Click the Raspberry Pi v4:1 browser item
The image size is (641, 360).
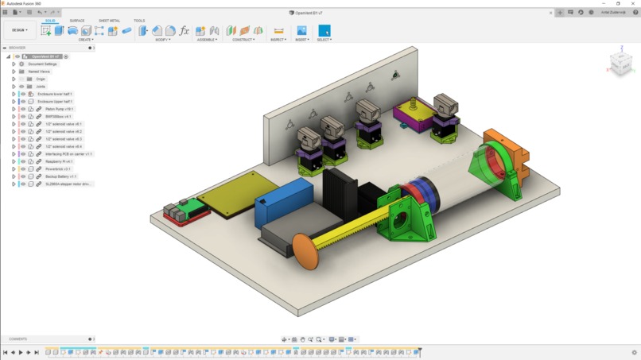pos(59,161)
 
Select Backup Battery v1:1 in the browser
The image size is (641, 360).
pos(61,176)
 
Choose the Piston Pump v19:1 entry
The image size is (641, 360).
pos(60,109)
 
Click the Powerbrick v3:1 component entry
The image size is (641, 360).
pos(58,168)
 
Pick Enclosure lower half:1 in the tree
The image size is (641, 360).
pos(55,94)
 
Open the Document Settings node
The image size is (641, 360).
pos(42,64)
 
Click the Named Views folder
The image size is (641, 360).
pos(39,72)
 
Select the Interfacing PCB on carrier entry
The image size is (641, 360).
pos(68,154)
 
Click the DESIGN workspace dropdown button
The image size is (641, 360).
pos(17,30)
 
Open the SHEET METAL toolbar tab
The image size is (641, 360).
pos(109,21)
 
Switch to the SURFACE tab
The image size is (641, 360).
pos(77,21)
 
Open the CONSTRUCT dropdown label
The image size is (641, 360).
pos(243,40)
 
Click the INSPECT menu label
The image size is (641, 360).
pos(278,40)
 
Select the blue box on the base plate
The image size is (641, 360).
pos(282,200)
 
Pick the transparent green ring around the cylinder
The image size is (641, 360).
pos(493,171)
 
